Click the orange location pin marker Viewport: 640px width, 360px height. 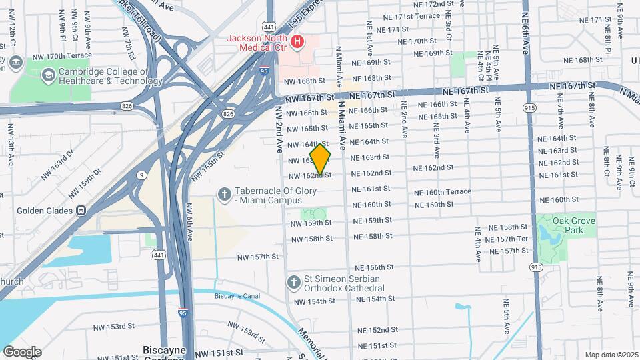pos(321,159)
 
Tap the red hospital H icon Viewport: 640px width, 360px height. pos(297,42)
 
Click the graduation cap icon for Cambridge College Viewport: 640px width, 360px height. pos(49,75)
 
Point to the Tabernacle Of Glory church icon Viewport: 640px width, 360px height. pos(225,193)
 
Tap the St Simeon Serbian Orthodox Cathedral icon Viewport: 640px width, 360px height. pos(293,283)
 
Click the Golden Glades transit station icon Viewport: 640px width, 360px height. pos(81,210)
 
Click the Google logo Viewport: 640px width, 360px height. pos(22,352)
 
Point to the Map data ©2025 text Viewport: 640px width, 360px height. pos(611,355)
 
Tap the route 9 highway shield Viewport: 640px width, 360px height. pos(141,175)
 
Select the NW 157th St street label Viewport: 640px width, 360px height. pos(258,257)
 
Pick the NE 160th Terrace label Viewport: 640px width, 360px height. pos(442,192)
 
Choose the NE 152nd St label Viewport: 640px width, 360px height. pos(377,330)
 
